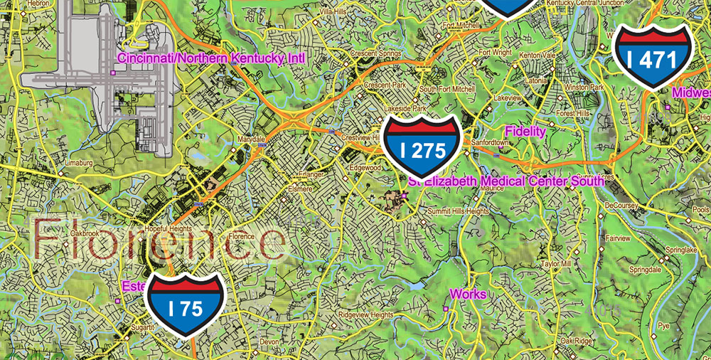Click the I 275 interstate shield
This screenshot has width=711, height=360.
422,149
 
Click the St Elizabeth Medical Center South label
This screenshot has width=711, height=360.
506,181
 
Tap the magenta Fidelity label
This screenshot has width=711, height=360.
525,131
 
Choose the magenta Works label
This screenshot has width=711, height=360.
468,294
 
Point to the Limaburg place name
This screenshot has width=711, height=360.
80,163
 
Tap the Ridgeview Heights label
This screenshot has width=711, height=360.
365,314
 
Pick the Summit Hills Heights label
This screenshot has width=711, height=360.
458,211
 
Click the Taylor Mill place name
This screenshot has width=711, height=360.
556,263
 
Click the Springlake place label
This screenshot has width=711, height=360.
682,250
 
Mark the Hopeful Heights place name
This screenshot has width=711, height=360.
169,229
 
